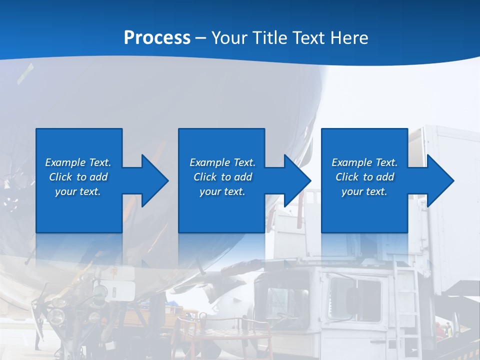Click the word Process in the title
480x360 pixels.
(157, 38)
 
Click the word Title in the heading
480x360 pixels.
(270, 38)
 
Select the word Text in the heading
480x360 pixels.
(309, 38)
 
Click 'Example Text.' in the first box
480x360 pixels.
(78, 162)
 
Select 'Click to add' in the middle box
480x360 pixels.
(222, 177)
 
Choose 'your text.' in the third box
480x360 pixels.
(364, 191)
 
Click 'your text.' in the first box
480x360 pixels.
(78, 191)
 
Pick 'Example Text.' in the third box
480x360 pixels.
(364, 162)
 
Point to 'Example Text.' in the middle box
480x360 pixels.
(222, 162)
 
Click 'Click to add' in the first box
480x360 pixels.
(78, 177)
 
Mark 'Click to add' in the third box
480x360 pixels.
(364, 177)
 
